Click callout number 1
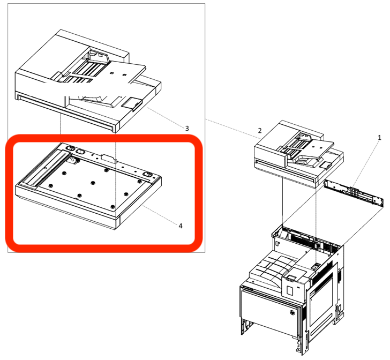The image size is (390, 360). [379, 138]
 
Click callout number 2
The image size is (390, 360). [259, 131]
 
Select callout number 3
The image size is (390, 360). [186, 128]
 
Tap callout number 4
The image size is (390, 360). [181, 226]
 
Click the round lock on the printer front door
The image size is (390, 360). [292, 313]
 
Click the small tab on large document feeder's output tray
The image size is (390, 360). [131, 102]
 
